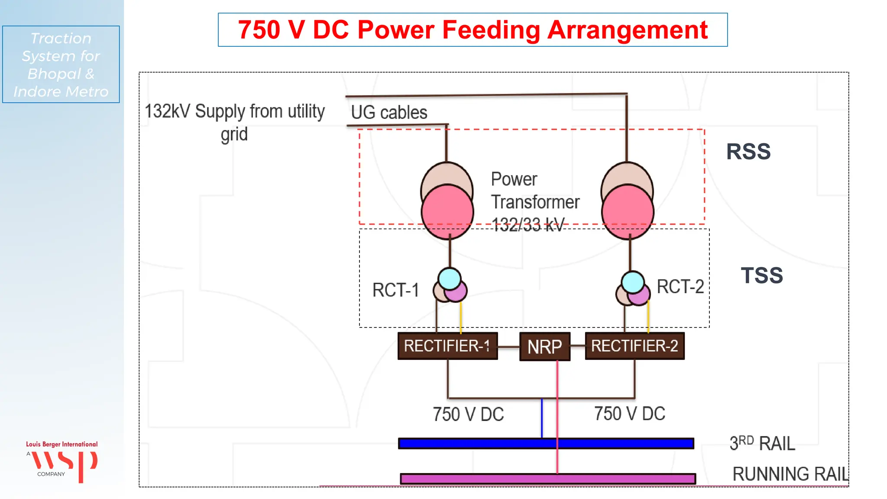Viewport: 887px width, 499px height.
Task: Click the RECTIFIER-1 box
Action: [x=447, y=346]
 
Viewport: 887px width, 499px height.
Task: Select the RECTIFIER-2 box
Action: [x=634, y=346]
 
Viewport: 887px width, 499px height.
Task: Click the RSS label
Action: [x=748, y=152]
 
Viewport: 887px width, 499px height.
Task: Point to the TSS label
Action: [x=762, y=275]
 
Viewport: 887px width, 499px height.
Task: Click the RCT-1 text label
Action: [x=395, y=290]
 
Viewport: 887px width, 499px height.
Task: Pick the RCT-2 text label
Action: [x=680, y=287]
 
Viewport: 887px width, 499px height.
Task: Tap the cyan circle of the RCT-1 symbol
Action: [x=450, y=279]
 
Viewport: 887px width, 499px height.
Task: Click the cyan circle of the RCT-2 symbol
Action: [x=633, y=282]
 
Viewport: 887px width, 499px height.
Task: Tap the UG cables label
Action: [x=389, y=113]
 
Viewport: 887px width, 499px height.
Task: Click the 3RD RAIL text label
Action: [x=762, y=443]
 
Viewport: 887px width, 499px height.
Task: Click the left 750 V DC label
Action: [x=468, y=415]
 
